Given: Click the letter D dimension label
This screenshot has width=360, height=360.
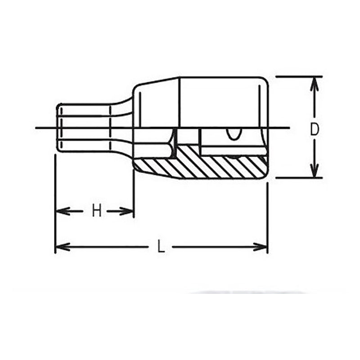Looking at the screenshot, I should (315, 129).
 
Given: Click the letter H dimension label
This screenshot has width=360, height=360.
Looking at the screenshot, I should (96, 211).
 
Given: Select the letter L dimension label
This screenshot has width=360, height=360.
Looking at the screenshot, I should (161, 247).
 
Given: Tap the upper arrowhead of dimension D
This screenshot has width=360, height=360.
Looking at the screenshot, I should (315, 83).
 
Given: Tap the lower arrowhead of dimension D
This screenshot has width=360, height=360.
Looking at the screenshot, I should (315, 171).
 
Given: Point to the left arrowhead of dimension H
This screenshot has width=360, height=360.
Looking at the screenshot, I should (61, 211).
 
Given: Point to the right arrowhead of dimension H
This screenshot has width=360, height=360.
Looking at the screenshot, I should (128, 211).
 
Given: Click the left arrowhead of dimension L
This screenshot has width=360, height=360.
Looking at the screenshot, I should (61, 247).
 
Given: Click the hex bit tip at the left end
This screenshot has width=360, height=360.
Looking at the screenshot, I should (83, 128).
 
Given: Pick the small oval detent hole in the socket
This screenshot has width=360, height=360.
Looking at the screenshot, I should (234, 134).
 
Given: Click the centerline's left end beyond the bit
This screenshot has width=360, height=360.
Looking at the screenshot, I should (40, 128).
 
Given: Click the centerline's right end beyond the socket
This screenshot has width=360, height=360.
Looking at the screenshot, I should (283, 128).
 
